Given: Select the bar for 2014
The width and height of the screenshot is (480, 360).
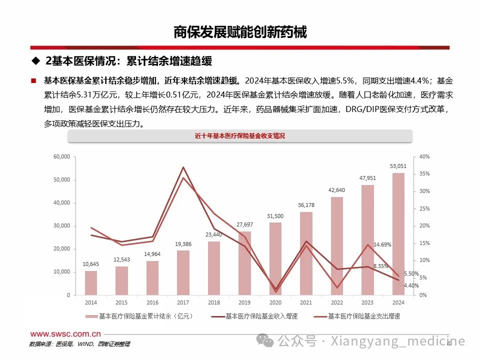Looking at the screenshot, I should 91,282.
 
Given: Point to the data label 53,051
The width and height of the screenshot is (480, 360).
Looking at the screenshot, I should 398,166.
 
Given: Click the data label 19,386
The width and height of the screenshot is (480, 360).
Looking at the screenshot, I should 183,243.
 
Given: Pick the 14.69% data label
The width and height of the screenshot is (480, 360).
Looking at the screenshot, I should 381,244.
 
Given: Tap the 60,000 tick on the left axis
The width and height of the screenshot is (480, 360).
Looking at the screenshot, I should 61,157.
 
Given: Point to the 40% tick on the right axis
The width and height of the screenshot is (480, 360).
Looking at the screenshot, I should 423,157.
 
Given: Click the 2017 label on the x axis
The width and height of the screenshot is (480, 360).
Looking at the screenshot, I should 183,303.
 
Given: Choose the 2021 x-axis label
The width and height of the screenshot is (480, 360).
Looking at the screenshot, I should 306,303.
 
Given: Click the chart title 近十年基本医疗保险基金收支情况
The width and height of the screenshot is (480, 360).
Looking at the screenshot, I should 239,136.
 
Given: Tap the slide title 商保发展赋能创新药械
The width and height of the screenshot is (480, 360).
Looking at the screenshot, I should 239,32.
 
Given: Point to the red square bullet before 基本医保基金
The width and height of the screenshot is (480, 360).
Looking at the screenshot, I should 33,80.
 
